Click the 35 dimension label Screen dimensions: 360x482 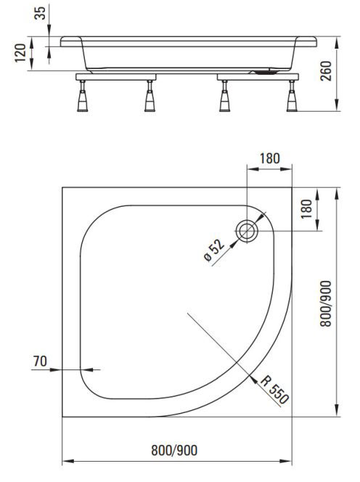click(x=40, y=13)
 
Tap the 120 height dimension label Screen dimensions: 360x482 click(x=21, y=53)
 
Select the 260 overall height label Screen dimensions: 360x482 click(x=326, y=71)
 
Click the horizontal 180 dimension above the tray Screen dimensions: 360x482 click(x=270, y=159)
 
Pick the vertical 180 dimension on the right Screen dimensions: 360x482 click(x=306, y=209)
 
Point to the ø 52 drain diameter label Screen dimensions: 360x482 click(x=214, y=250)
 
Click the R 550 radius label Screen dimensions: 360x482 click(x=274, y=389)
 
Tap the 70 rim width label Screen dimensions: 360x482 click(x=40, y=361)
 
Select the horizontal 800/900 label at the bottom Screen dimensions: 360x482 click(x=174, y=450)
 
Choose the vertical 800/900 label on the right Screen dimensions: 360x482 click(x=326, y=303)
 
